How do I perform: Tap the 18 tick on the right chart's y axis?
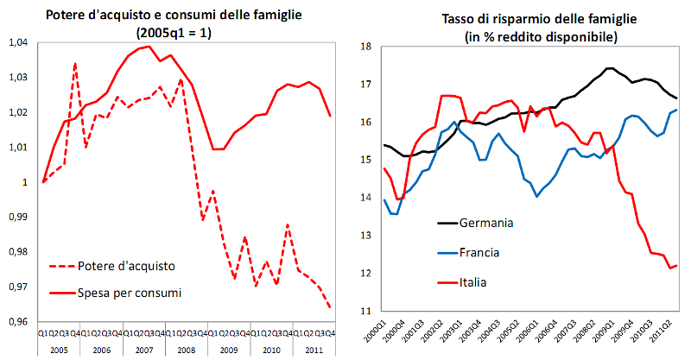pyautogui.click(x=365, y=47)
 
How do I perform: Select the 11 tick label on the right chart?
pyautogui.click(x=365, y=311)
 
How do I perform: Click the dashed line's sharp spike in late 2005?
pyautogui.click(x=75, y=63)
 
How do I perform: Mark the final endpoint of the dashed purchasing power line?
pyautogui.click(x=330, y=307)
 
